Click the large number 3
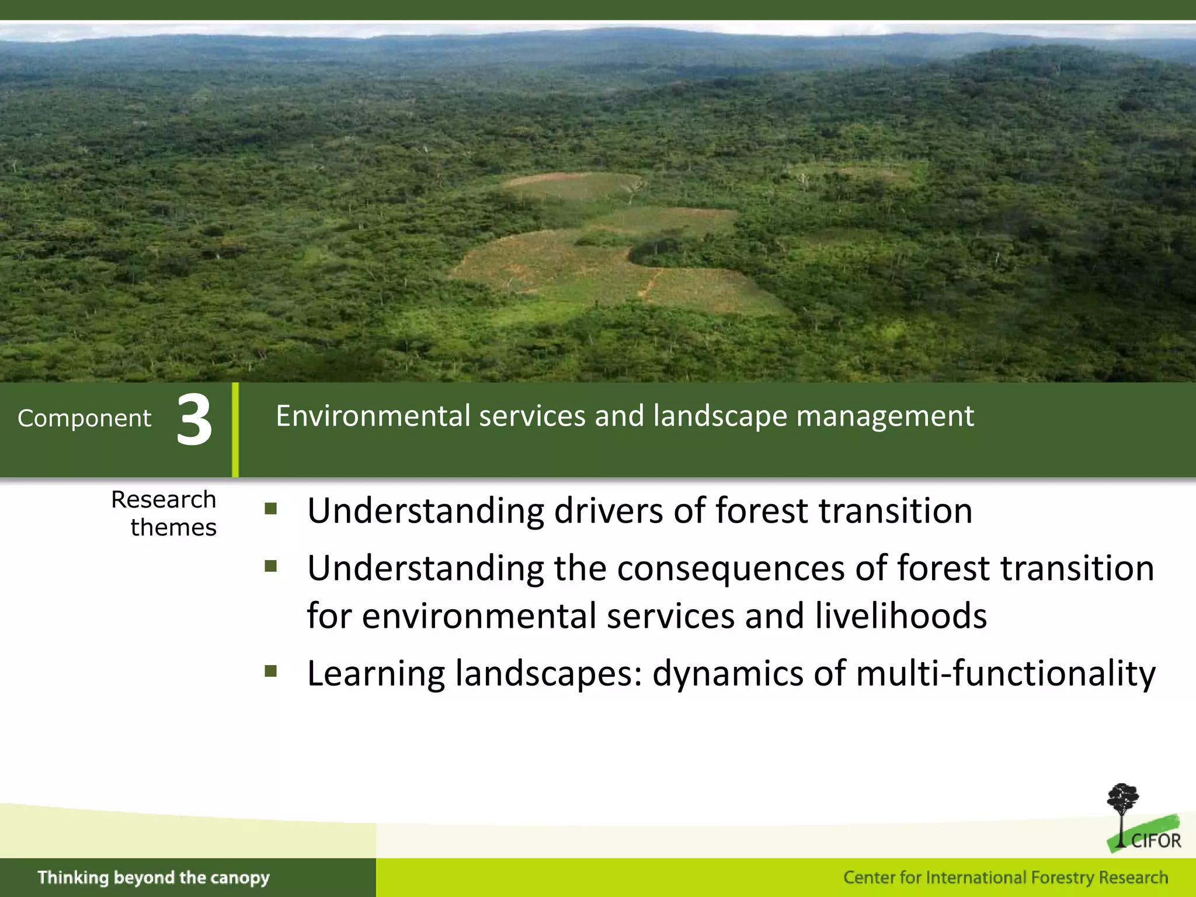(x=194, y=420)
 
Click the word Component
(x=84, y=418)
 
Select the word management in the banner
(x=885, y=417)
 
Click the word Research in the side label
(x=164, y=500)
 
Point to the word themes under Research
(x=173, y=527)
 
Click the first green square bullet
(x=270, y=509)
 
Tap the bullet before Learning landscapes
(x=270, y=670)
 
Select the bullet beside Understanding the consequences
(x=270, y=565)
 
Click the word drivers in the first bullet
(x=608, y=511)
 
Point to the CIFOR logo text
(x=1155, y=841)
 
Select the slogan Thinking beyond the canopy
(x=154, y=877)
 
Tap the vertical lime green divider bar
(x=235, y=430)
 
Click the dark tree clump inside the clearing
(x=657, y=248)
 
